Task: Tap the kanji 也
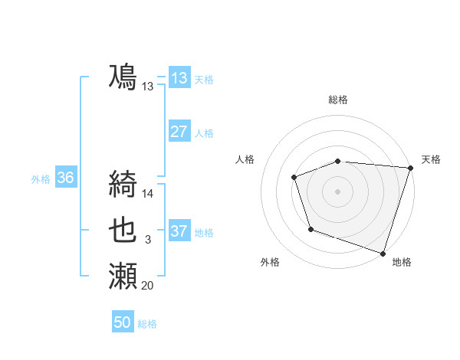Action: tap(123, 229)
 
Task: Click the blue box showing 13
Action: tap(179, 78)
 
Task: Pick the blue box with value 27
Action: tap(179, 132)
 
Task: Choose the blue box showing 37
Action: tap(179, 231)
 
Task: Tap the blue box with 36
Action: tap(66, 178)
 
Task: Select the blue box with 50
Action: tap(123, 322)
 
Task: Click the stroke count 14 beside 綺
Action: tap(148, 194)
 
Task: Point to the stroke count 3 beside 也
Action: tap(148, 241)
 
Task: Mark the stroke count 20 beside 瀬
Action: tap(148, 286)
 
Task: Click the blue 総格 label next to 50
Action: tap(147, 324)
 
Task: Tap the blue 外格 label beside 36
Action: tap(41, 179)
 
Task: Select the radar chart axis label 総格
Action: tap(337, 100)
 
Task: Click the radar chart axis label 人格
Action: tap(245, 159)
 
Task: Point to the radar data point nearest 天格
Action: tap(410, 168)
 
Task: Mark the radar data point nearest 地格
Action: tap(383, 252)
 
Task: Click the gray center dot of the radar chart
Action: tap(337, 191)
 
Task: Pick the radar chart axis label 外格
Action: tap(271, 262)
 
